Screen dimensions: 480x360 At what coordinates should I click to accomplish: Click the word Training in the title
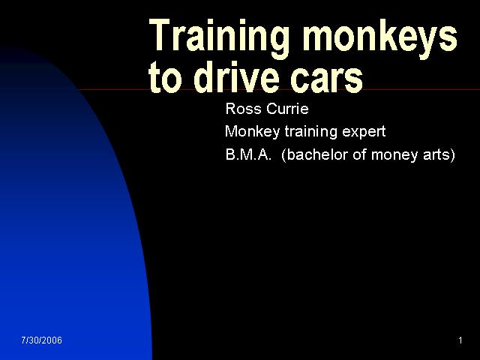click(x=219, y=38)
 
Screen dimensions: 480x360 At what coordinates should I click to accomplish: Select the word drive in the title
click(x=236, y=76)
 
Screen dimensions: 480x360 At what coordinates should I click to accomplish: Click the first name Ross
click(x=243, y=109)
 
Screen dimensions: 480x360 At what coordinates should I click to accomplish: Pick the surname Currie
click(x=287, y=109)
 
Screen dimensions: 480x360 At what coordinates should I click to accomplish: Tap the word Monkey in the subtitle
click(x=252, y=132)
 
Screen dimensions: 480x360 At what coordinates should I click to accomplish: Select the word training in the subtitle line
click(x=311, y=132)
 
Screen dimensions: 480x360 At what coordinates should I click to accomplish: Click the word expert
click(x=364, y=133)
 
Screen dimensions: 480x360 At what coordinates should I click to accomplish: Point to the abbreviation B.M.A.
click(x=248, y=155)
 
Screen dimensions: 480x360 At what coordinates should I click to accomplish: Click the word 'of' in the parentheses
click(x=359, y=154)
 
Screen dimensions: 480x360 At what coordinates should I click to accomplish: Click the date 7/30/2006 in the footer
click(x=42, y=340)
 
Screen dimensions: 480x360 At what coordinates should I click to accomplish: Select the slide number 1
click(x=460, y=340)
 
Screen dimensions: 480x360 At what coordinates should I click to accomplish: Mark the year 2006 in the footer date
click(x=52, y=340)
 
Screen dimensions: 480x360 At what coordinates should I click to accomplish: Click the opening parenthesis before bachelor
click(x=283, y=155)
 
